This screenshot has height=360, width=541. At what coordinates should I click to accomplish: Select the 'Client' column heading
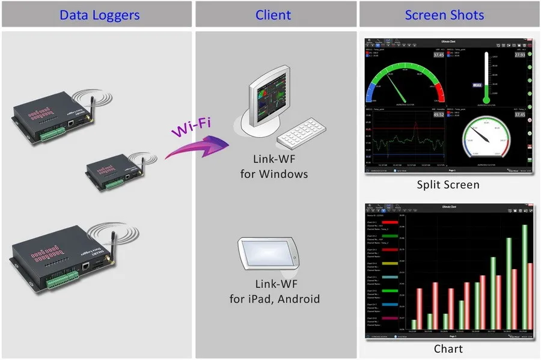pyautogui.click(x=274, y=14)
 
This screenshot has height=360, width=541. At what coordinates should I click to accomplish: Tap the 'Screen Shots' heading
pyautogui.click(x=444, y=14)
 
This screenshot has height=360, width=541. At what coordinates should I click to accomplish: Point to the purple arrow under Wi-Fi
pyautogui.click(x=198, y=147)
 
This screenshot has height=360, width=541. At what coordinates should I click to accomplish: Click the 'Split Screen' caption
pyautogui.click(x=448, y=185)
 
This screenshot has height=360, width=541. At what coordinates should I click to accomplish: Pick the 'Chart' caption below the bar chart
pyautogui.click(x=448, y=349)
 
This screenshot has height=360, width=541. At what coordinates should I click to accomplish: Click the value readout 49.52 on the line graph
pyautogui.click(x=438, y=114)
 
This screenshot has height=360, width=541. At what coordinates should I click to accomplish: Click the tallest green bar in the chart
pyautogui.click(x=525, y=276)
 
